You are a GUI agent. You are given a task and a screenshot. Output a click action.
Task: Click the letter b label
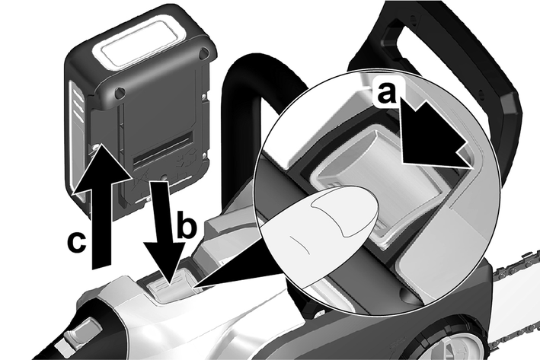(187, 225)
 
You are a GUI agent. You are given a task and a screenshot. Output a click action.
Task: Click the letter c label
(76, 242)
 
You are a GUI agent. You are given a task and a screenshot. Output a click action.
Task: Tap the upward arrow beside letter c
(102, 206)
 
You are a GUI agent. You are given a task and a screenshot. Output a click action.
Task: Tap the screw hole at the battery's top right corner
(204, 53)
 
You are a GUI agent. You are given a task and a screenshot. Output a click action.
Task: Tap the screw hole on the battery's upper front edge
(120, 92)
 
